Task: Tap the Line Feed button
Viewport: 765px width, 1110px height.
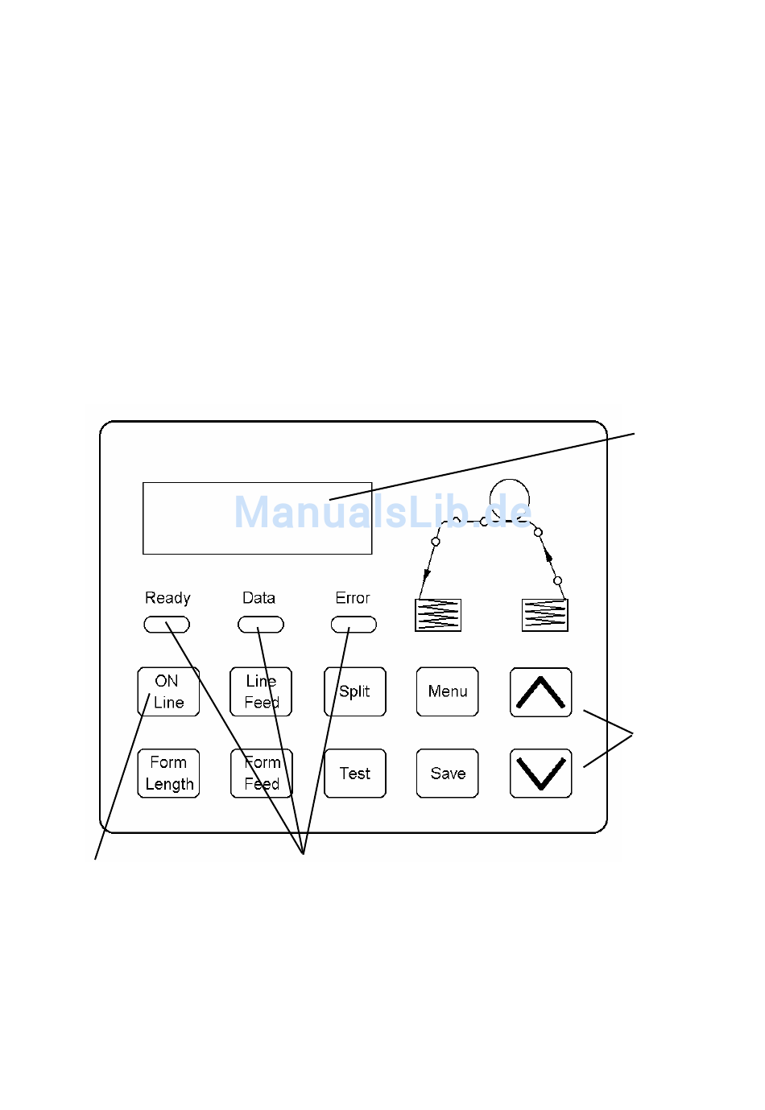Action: coord(261,691)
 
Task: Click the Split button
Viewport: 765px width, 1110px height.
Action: coord(355,691)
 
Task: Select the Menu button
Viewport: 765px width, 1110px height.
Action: coord(448,691)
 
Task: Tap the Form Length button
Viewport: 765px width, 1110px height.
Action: coord(168,774)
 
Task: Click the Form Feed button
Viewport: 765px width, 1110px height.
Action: coord(262,774)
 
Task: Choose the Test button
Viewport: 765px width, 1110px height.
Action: coord(355,774)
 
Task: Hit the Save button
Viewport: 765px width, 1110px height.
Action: coord(448,774)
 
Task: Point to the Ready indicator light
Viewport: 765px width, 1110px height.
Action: coord(167,625)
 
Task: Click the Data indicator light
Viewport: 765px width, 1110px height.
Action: coord(261,625)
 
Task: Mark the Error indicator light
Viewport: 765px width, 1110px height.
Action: coord(354,625)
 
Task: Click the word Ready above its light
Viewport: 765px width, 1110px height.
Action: coord(167,598)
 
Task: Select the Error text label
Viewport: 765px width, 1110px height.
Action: coord(353,598)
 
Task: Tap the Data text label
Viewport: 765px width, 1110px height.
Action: coord(258,598)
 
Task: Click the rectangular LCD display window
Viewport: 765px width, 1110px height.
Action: coord(257,518)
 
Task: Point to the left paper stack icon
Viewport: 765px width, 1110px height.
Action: coord(438,615)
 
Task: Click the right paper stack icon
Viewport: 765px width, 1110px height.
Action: coord(545,615)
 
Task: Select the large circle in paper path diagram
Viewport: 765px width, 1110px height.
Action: coord(510,498)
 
